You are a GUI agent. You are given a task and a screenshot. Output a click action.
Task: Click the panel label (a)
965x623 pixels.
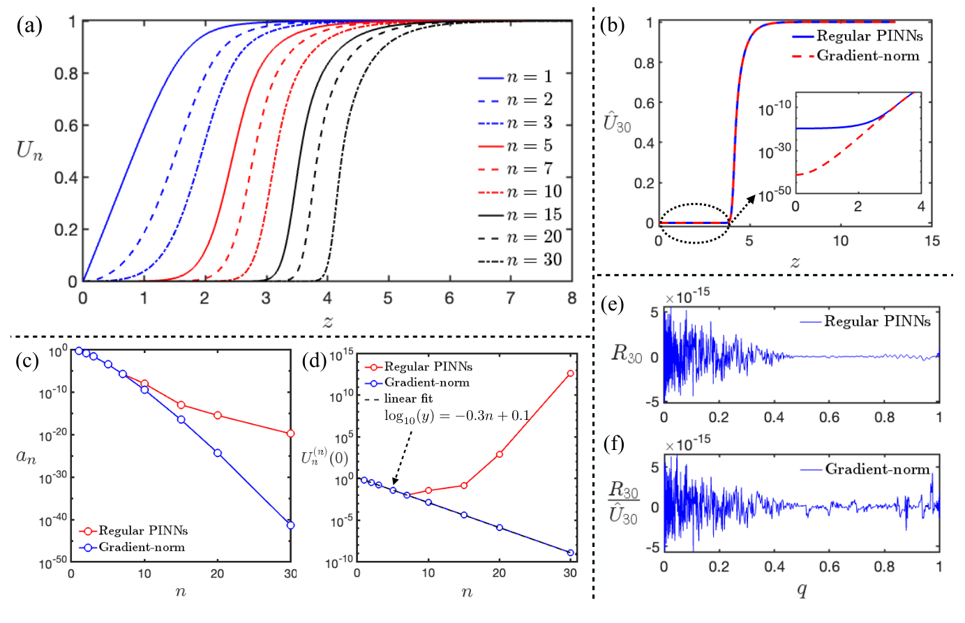[30, 27]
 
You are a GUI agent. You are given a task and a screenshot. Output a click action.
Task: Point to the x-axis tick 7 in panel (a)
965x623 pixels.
[511, 299]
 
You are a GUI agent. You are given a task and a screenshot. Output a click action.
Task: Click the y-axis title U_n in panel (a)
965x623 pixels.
[29, 151]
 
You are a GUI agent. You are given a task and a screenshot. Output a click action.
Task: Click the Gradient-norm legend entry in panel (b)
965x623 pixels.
[867, 56]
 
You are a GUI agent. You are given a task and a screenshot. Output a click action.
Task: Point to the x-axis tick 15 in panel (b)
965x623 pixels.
[932, 241]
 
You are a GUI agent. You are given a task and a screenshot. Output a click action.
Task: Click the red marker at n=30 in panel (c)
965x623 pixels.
[290, 434]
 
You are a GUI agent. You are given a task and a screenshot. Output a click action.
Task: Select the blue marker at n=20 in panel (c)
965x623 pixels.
[218, 453]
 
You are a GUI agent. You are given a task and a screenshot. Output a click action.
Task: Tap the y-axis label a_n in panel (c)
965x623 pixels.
[26, 457]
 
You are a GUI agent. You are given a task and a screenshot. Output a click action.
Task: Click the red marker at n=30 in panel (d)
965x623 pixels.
[571, 373]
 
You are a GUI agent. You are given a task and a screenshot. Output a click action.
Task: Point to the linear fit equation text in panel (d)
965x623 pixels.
[456, 416]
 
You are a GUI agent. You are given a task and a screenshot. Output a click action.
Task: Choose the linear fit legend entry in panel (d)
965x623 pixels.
[408, 398]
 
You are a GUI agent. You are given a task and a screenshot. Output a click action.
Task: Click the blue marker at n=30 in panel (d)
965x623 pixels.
[571, 553]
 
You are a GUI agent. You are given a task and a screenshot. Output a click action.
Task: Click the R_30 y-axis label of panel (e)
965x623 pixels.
[626, 353]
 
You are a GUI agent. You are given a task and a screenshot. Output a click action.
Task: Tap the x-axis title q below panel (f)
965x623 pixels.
[802, 590]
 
